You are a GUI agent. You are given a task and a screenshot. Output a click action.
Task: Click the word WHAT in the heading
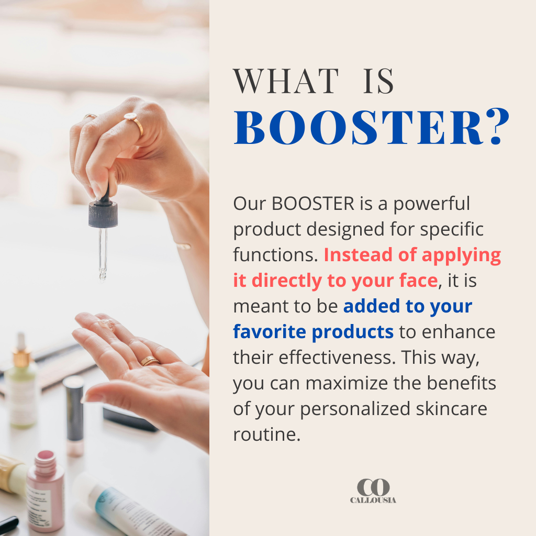286,81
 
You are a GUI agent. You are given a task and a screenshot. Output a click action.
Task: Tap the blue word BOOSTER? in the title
372,127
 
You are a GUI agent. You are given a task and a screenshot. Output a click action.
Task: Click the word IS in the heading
378,81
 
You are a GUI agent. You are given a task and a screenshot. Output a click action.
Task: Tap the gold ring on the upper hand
136,124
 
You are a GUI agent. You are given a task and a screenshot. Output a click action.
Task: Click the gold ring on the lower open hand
149,361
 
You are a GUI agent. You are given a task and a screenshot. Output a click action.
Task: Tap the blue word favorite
270,332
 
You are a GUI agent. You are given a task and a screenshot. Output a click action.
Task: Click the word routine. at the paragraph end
266,434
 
